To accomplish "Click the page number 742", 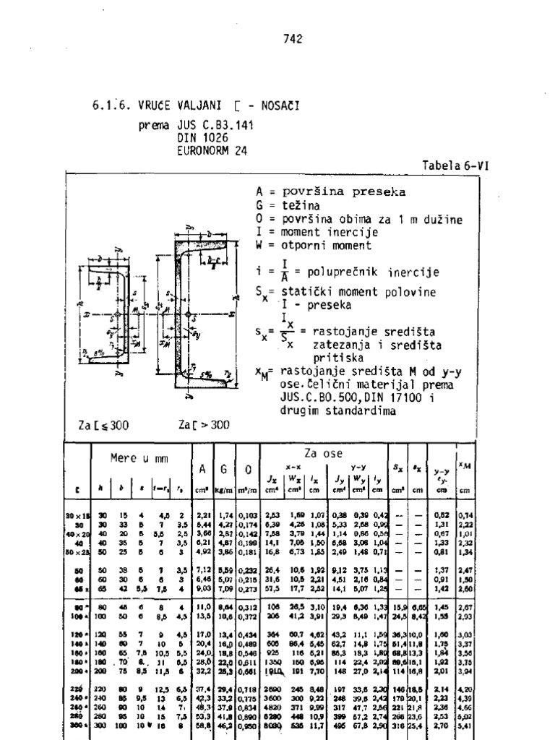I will tap(293, 39).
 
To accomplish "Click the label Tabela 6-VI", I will tap(455, 165).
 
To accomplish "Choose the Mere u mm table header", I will tap(137, 458).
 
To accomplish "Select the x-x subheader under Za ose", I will tap(293, 467).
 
